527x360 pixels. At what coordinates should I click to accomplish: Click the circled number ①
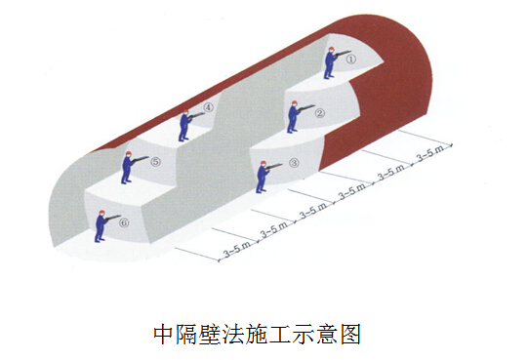click(350, 59)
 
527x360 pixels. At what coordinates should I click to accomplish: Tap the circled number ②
click(319, 112)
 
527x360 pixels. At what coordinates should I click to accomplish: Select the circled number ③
click(295, 164)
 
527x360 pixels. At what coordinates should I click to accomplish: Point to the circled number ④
click(209, 107)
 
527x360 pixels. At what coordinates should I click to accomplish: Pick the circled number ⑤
click(155, 163)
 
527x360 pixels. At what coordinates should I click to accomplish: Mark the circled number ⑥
click(124, 222)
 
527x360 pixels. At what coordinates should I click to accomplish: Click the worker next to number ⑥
click(100, 225)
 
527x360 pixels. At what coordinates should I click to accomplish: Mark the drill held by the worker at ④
click(198, 116)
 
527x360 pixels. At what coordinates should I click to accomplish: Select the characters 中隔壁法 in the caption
click(196, 335)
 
